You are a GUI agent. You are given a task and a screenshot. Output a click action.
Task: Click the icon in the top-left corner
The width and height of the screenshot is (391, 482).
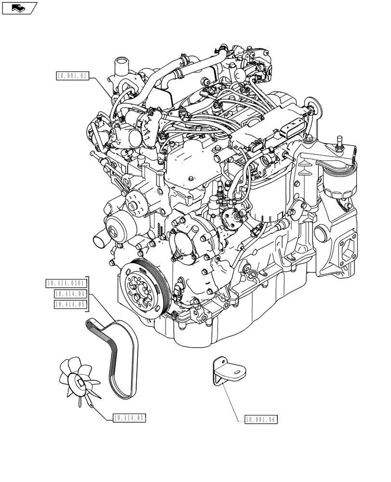[x=19, y=8]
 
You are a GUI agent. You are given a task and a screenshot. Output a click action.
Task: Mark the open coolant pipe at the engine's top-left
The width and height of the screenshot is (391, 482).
[x=120, y=64]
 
